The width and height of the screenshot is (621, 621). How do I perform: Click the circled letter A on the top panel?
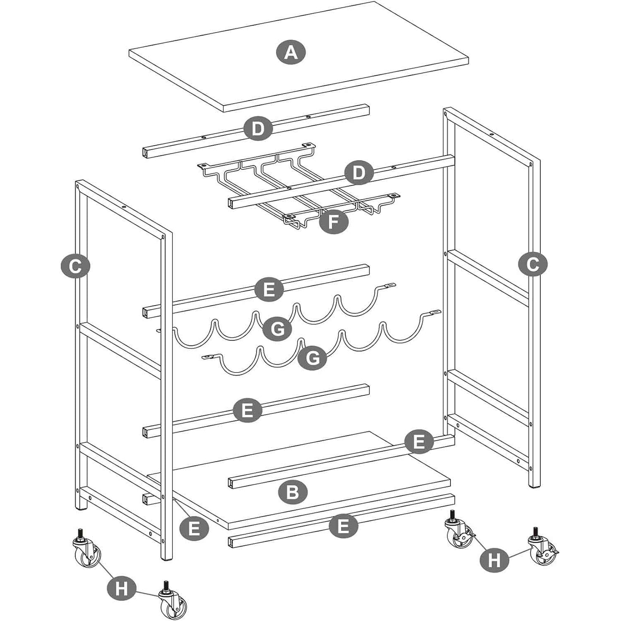click(291, 53)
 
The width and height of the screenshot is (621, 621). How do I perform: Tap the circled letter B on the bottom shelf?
click(293, 492)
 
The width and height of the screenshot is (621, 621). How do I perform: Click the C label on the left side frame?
click(75, 266)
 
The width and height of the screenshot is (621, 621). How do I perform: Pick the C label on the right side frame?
click(532, 264)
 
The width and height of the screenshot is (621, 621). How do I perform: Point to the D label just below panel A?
click(257, 129)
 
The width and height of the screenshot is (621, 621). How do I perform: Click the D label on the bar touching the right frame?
click(359, 173)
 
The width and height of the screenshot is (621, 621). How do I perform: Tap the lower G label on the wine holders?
click(313, 357)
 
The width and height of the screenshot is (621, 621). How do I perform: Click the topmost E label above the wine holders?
click(269, 290)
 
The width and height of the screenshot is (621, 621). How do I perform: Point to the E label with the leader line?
click(194, 528)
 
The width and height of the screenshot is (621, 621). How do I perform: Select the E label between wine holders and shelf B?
click(248, 410)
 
